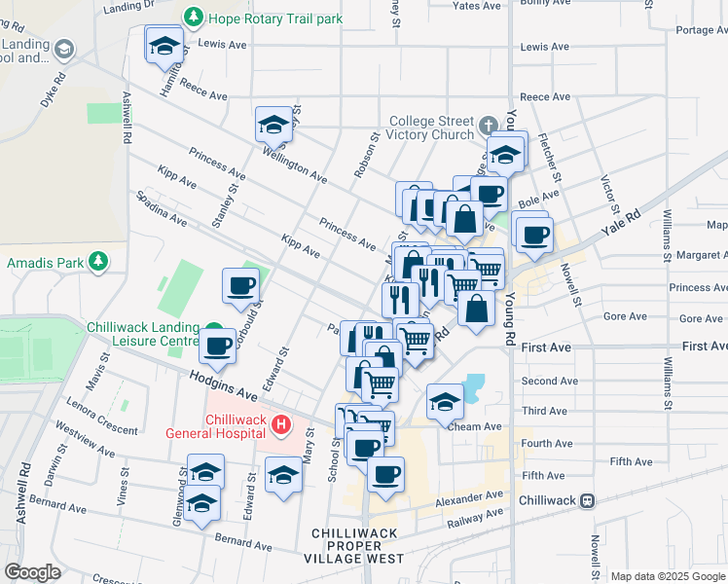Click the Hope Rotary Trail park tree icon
click(x=194, y=18)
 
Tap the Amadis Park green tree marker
click(x=97, y=262)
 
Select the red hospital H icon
click(x=281, y=424)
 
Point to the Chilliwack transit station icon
click(x=587, y=500)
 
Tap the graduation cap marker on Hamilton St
click(x=164, y=45)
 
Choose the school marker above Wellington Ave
click(x=274, y=125)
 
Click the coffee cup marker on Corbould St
click(x=240, y=286)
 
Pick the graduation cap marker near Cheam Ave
click(x=445, y=400)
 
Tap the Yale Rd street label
click(x=622, y=227)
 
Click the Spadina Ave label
click(x=161, y=207)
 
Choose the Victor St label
click(x=609, y=195)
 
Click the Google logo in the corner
click(x=32, y=571)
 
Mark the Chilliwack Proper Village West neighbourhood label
click(x=357, y=546)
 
